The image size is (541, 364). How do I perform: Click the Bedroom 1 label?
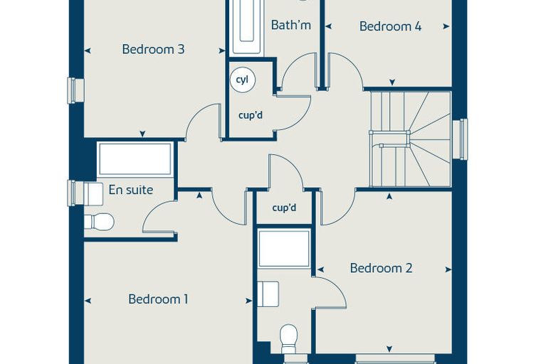click(x=158, y=299)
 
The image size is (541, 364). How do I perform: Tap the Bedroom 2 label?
click(x=381, y=268)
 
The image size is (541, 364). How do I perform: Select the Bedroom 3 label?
click(x=153, y=49)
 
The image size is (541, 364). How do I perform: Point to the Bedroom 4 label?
click(x=390, y=26)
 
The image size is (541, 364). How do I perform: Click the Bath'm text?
click(x=291, y=25)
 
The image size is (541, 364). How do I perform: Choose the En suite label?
click(x=131, y=190)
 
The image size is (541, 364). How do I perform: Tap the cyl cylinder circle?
click(x=243, y=80)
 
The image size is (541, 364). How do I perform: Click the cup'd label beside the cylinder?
click(x=251, y=115)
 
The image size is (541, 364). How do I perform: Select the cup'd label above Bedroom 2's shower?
click(x=284, y=208)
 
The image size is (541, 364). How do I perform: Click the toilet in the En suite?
click(x=100, y=221)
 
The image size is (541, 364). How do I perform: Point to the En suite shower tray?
click(x=135, y=159)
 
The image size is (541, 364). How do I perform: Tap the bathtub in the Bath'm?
click(x=246, y=26)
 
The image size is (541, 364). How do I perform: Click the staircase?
click(x=411, y=139)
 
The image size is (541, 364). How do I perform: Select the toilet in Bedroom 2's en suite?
click(x=289, y=338)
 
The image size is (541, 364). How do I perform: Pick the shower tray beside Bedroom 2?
click(x=284, y=249)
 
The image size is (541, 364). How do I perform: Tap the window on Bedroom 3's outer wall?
click(x=76, y=91)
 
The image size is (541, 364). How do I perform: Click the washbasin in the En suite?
click(x=93, y=194)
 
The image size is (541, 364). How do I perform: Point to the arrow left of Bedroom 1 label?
click(x=88, y=301)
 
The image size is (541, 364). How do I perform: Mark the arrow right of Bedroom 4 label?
click(x=446, y=26)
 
